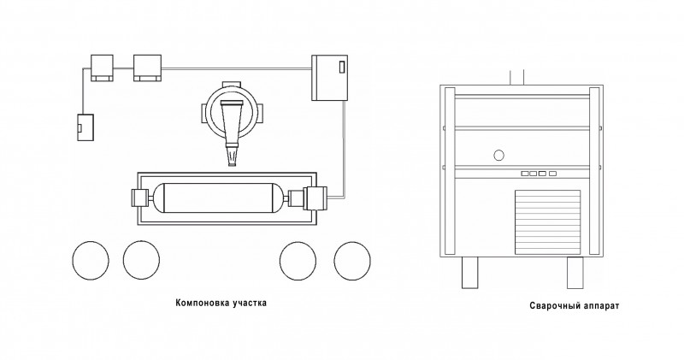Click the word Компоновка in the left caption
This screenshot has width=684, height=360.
click(200, 303)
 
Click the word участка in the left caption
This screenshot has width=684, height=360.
click(248, 303)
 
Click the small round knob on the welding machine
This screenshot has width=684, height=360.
click(498, 155)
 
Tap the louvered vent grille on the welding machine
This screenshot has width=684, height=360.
click(548, 222)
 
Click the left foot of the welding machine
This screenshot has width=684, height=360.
click(469, 273)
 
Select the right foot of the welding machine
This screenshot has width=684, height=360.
click(575, 273)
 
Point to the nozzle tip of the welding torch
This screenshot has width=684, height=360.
click(232, 164)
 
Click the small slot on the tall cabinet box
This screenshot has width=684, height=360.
click(341, 68)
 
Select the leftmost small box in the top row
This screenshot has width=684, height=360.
click(102, 68)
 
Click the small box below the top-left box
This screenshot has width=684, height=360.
click(85, 127)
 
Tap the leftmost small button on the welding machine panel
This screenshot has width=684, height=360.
click(525, 174)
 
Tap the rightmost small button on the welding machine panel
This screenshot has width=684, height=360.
click(552, 174)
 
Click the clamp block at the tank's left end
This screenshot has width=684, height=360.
click(140, 198)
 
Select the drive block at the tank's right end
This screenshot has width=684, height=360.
click(315, 198)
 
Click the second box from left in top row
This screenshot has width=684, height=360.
click(147, 68)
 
